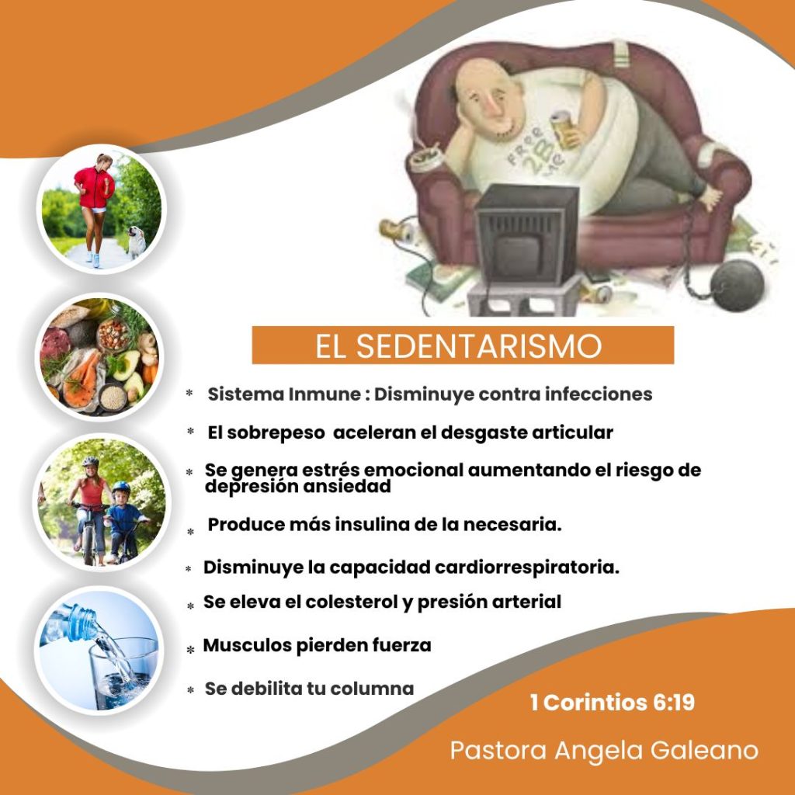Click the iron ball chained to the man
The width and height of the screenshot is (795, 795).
tap(737, 286)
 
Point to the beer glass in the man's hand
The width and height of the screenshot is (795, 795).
tap(564, 130)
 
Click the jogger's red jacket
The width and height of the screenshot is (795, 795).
tap(95, 188)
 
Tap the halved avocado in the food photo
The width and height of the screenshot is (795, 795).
tap(127, 364)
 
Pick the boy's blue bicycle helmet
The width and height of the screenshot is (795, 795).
tap(120, 488)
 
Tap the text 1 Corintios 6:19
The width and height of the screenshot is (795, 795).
tap(612, 702)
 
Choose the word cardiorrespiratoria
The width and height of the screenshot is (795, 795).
tap(527, 567)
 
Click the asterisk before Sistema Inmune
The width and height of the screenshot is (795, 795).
tap(189, 393)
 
